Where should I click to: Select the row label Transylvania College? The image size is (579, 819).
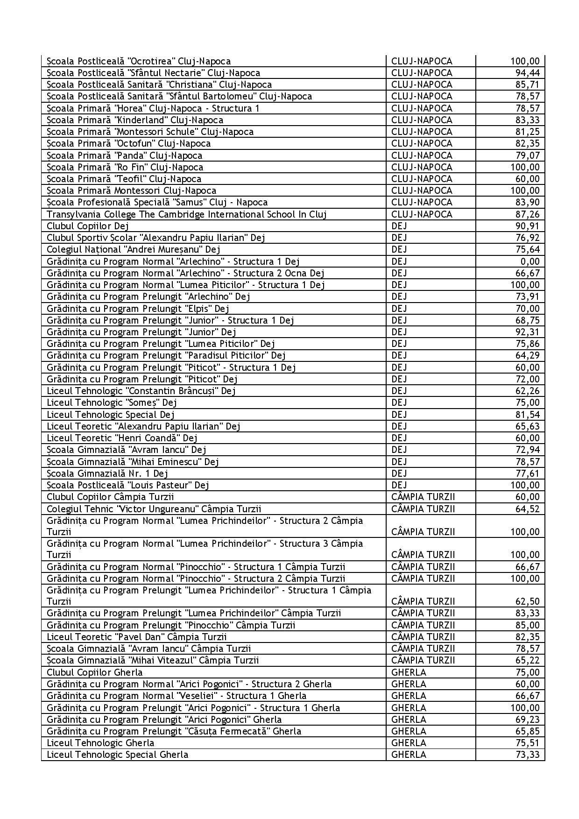[x=186, y=214]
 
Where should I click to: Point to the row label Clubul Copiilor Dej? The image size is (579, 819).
[x=88, y=226]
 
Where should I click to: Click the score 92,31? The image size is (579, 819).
[x=527, y=332]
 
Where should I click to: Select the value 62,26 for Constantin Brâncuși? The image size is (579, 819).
[x=527, y=391]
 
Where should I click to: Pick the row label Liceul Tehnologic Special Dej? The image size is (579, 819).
[x=111, y=415]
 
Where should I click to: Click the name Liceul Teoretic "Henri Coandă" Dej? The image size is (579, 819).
[x=122, y=438]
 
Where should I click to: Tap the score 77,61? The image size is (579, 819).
[x=527, y=473]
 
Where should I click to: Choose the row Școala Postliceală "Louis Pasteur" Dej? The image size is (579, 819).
[x=127, y=485]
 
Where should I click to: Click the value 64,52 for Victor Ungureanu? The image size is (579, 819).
[x=527, y=509]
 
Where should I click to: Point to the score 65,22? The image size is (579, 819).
[x=527, y=660]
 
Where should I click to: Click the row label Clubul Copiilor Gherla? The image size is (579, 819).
[x=94, y=672]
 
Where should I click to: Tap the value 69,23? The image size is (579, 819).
[x=527, y=720]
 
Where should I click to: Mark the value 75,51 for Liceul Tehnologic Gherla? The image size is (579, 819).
[x=527, y=743]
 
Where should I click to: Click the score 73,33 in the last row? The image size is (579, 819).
[x=527, y=755]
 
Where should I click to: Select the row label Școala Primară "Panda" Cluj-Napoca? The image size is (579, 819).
[x=124, y=155]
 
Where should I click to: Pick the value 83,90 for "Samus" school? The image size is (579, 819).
[x=527, y=202]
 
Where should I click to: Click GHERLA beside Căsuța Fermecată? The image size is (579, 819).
[x=409, y=731]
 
